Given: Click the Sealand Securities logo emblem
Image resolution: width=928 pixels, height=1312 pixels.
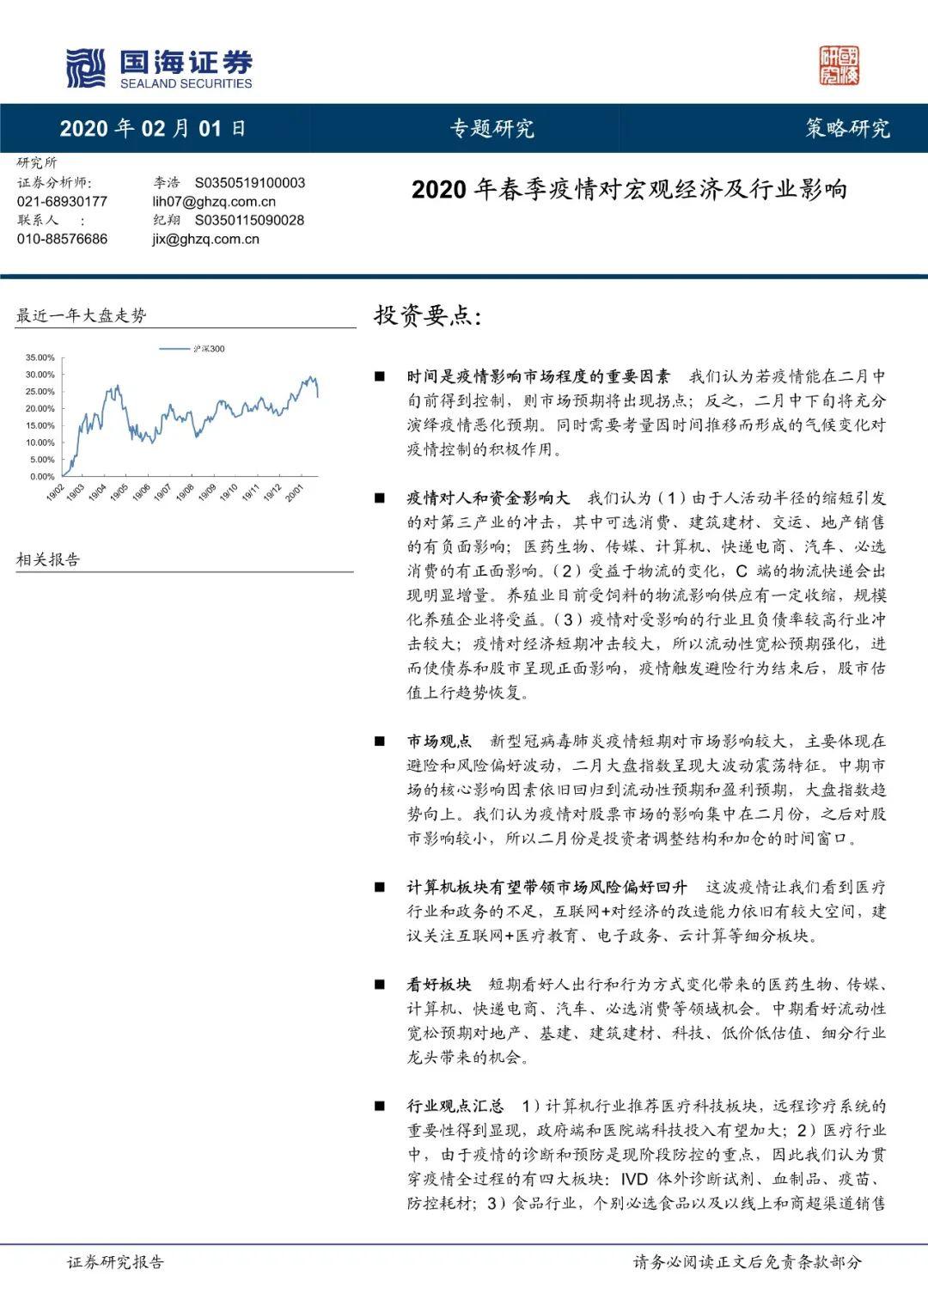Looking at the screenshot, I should pos(86,68).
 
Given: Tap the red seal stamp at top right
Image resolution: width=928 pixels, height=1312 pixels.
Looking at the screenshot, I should pos(839,66).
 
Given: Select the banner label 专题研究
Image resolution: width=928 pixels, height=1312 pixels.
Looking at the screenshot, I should pos(492,129).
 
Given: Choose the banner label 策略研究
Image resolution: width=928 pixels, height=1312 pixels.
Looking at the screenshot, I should pos(847,129).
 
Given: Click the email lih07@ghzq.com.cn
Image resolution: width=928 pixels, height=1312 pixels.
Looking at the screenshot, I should pos(214,202).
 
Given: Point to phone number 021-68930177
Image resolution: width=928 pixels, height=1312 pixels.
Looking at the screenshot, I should pos(63,202).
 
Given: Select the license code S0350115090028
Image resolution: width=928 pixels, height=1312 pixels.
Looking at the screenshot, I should pos(249,221).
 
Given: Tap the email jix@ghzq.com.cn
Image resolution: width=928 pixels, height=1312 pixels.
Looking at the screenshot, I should pos(205,240).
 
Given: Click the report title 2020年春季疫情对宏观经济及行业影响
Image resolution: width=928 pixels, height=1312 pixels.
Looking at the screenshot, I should pos(629,189).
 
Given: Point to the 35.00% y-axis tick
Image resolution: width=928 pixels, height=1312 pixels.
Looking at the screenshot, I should pos(40,357).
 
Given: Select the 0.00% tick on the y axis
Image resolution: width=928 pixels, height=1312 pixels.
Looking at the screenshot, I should pos(42,476).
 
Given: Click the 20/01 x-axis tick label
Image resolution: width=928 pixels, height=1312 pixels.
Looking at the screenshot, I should pos(295,494).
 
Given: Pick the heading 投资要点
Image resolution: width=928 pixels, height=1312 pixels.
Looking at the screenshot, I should pos(427,315).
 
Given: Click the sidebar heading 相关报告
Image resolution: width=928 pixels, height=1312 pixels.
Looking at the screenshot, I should pos(48,560).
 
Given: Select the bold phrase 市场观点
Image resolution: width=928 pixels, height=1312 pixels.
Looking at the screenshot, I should pos(440,741).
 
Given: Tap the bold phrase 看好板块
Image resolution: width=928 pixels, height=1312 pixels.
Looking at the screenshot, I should pos(439,985).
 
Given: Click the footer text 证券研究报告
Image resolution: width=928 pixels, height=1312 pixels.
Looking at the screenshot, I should pos(115,1262).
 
